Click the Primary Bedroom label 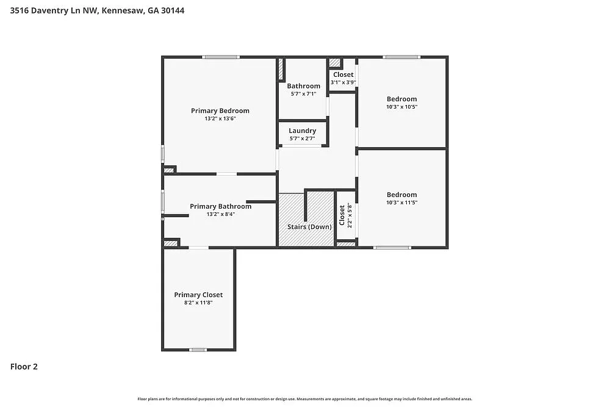tap(220, 111)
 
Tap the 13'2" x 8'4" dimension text tap(220, 214)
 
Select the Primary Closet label tap(198, 295)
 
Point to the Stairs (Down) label tap(309, 227)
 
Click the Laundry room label tap(302, 131)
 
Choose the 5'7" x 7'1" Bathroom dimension tap(303, 94)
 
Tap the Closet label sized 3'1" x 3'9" tap(343, 74)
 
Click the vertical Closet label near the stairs tap(342, 215)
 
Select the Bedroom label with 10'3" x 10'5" tap(401, 99)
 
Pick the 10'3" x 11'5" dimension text tap(401, 203)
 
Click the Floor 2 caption tap(24, 367)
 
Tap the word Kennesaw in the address tap(121, 10)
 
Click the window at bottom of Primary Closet tap(198, 350)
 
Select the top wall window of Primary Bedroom tap(221, 57)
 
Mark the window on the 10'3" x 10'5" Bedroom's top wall tap(401, 57)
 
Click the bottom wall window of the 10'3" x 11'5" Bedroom tap(392, 247)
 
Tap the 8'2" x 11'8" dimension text tap(198, 302)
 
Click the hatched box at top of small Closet tap(335, 62)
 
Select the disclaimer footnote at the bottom tap(305, 398)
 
